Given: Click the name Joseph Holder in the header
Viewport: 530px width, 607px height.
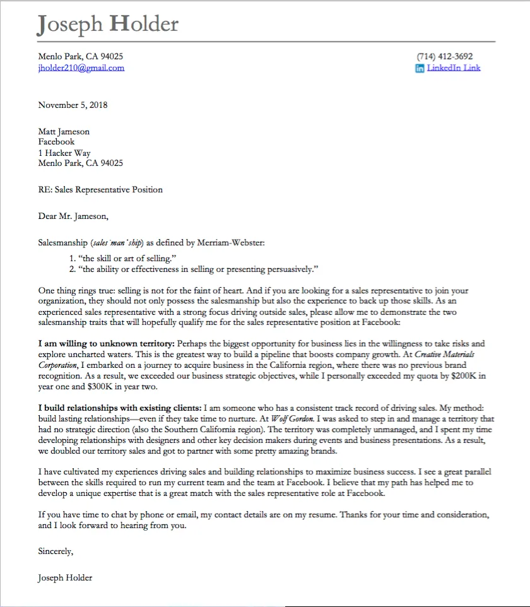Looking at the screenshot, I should coord(108,24).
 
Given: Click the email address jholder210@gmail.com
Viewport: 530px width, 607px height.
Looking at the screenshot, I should coord(81,68).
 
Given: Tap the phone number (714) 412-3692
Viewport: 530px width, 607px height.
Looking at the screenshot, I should coord(444,56).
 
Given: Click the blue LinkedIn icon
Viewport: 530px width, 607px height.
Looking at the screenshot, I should coord(420,68).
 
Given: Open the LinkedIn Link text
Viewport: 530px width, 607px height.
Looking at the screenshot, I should coord(454,68).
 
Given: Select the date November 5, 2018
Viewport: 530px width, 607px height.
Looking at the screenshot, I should coord(73,105).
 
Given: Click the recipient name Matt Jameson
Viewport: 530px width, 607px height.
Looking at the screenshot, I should coord(64,132).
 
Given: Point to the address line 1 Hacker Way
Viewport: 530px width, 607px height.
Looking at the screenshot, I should coord(64,153).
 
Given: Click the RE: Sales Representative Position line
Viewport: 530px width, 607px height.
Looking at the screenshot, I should coord(100,189).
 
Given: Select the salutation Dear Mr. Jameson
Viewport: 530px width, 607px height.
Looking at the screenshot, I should coord(73,216).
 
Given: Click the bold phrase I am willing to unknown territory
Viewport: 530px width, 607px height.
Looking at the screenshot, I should coord(106,344).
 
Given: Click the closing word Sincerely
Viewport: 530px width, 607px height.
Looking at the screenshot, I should coord(56,551).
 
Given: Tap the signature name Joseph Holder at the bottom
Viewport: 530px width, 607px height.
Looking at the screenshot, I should coord(65,578).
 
